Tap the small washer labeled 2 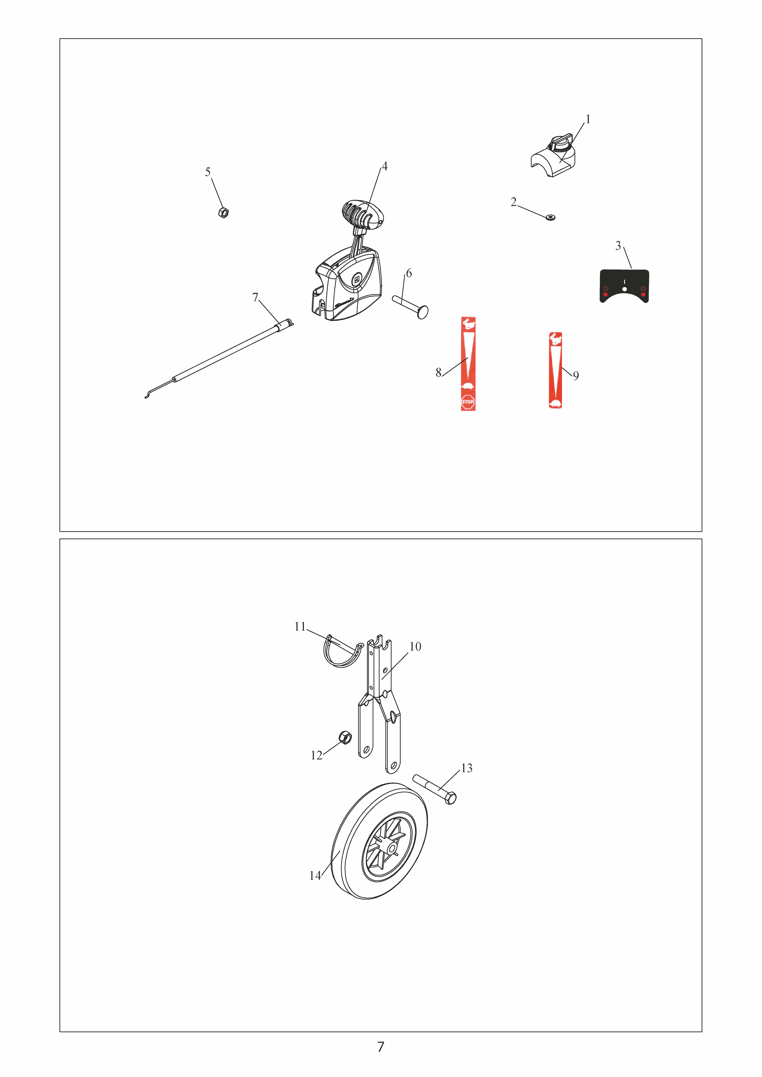[550, 217]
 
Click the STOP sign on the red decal [468, 402]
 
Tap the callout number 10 [415, 646]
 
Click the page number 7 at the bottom [380, 1046]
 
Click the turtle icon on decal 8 [468, 386]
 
